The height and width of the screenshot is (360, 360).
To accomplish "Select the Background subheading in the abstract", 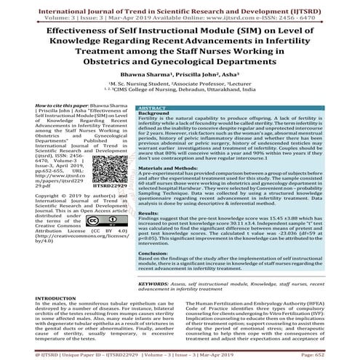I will click(x=156, y=113).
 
